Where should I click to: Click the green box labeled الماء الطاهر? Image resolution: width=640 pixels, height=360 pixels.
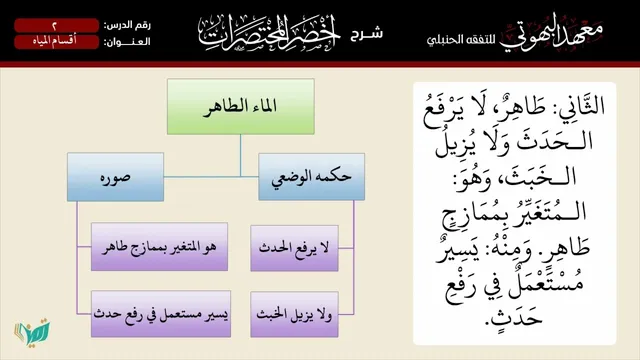point(241,107)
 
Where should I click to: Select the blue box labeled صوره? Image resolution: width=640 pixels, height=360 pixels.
point(116,177)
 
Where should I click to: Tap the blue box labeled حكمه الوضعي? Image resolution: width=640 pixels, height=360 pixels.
point(311,177)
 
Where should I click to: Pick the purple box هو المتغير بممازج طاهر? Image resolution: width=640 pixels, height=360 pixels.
point(159,247)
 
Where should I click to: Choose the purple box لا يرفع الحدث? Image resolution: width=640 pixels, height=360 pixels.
point(294,248)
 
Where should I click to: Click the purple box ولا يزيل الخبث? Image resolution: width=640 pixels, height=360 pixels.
point(294,314)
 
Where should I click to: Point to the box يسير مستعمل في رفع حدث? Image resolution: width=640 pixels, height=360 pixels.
point(161,314)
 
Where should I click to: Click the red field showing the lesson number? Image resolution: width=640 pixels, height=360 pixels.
point(56,25)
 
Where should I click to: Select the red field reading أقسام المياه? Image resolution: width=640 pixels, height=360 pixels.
point(56,42)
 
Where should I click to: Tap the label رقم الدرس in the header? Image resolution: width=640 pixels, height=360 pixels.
point(127,25)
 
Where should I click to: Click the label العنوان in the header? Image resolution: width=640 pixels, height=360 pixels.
point(127,42)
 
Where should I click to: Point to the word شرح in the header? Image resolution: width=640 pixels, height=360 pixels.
point(367,33)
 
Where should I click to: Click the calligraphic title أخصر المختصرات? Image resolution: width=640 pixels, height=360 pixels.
point(269,33)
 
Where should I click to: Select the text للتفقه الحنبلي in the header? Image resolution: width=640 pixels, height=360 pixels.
point(461,40)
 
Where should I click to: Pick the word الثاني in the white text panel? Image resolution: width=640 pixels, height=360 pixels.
point(579,106)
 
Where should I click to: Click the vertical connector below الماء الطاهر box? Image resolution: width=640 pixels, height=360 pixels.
point(240,156)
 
